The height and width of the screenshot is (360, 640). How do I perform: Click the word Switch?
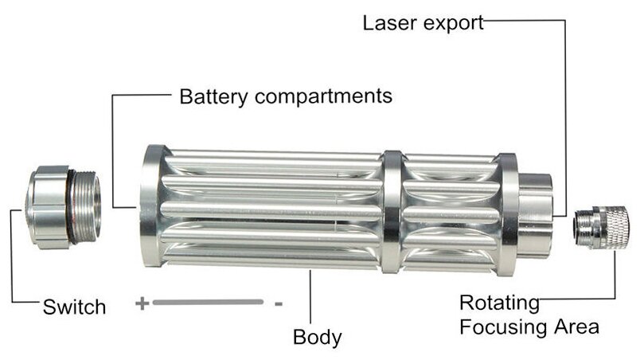(x=74, y=307)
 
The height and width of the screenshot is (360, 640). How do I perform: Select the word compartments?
(x=322, y=97)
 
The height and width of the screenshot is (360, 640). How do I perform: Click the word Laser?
(x=391, y=22)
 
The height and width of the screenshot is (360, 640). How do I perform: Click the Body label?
(x=317, y=336)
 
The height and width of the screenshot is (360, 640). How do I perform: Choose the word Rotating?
(x=499, y=303)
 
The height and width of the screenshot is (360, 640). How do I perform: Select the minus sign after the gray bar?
(x=278, y=303)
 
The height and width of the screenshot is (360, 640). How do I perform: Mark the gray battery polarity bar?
(x=209, y=303)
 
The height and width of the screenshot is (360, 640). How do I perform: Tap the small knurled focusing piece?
(x=605, y=227)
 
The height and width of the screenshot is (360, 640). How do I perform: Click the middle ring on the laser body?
(x=391, y=211)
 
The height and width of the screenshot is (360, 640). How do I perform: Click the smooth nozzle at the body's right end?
(x=534, y=213)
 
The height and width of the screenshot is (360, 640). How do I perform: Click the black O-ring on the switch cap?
(x=71, y=207)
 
